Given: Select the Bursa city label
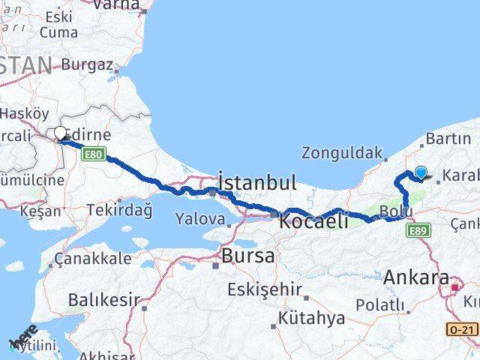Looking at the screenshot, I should [247, 256].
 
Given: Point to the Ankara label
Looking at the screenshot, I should [416, 277].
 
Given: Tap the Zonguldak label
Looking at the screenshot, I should [342, 153].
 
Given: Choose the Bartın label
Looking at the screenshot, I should [448, 139].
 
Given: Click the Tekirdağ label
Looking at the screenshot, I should [119, 210].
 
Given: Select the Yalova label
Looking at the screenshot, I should [199, 219].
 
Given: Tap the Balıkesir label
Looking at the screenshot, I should [103, 300].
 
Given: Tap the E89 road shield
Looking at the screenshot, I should [419, 232].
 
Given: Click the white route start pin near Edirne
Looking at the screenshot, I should [60, 133].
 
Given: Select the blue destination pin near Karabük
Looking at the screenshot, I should [421, 172].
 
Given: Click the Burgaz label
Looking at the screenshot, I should [87, 64].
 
